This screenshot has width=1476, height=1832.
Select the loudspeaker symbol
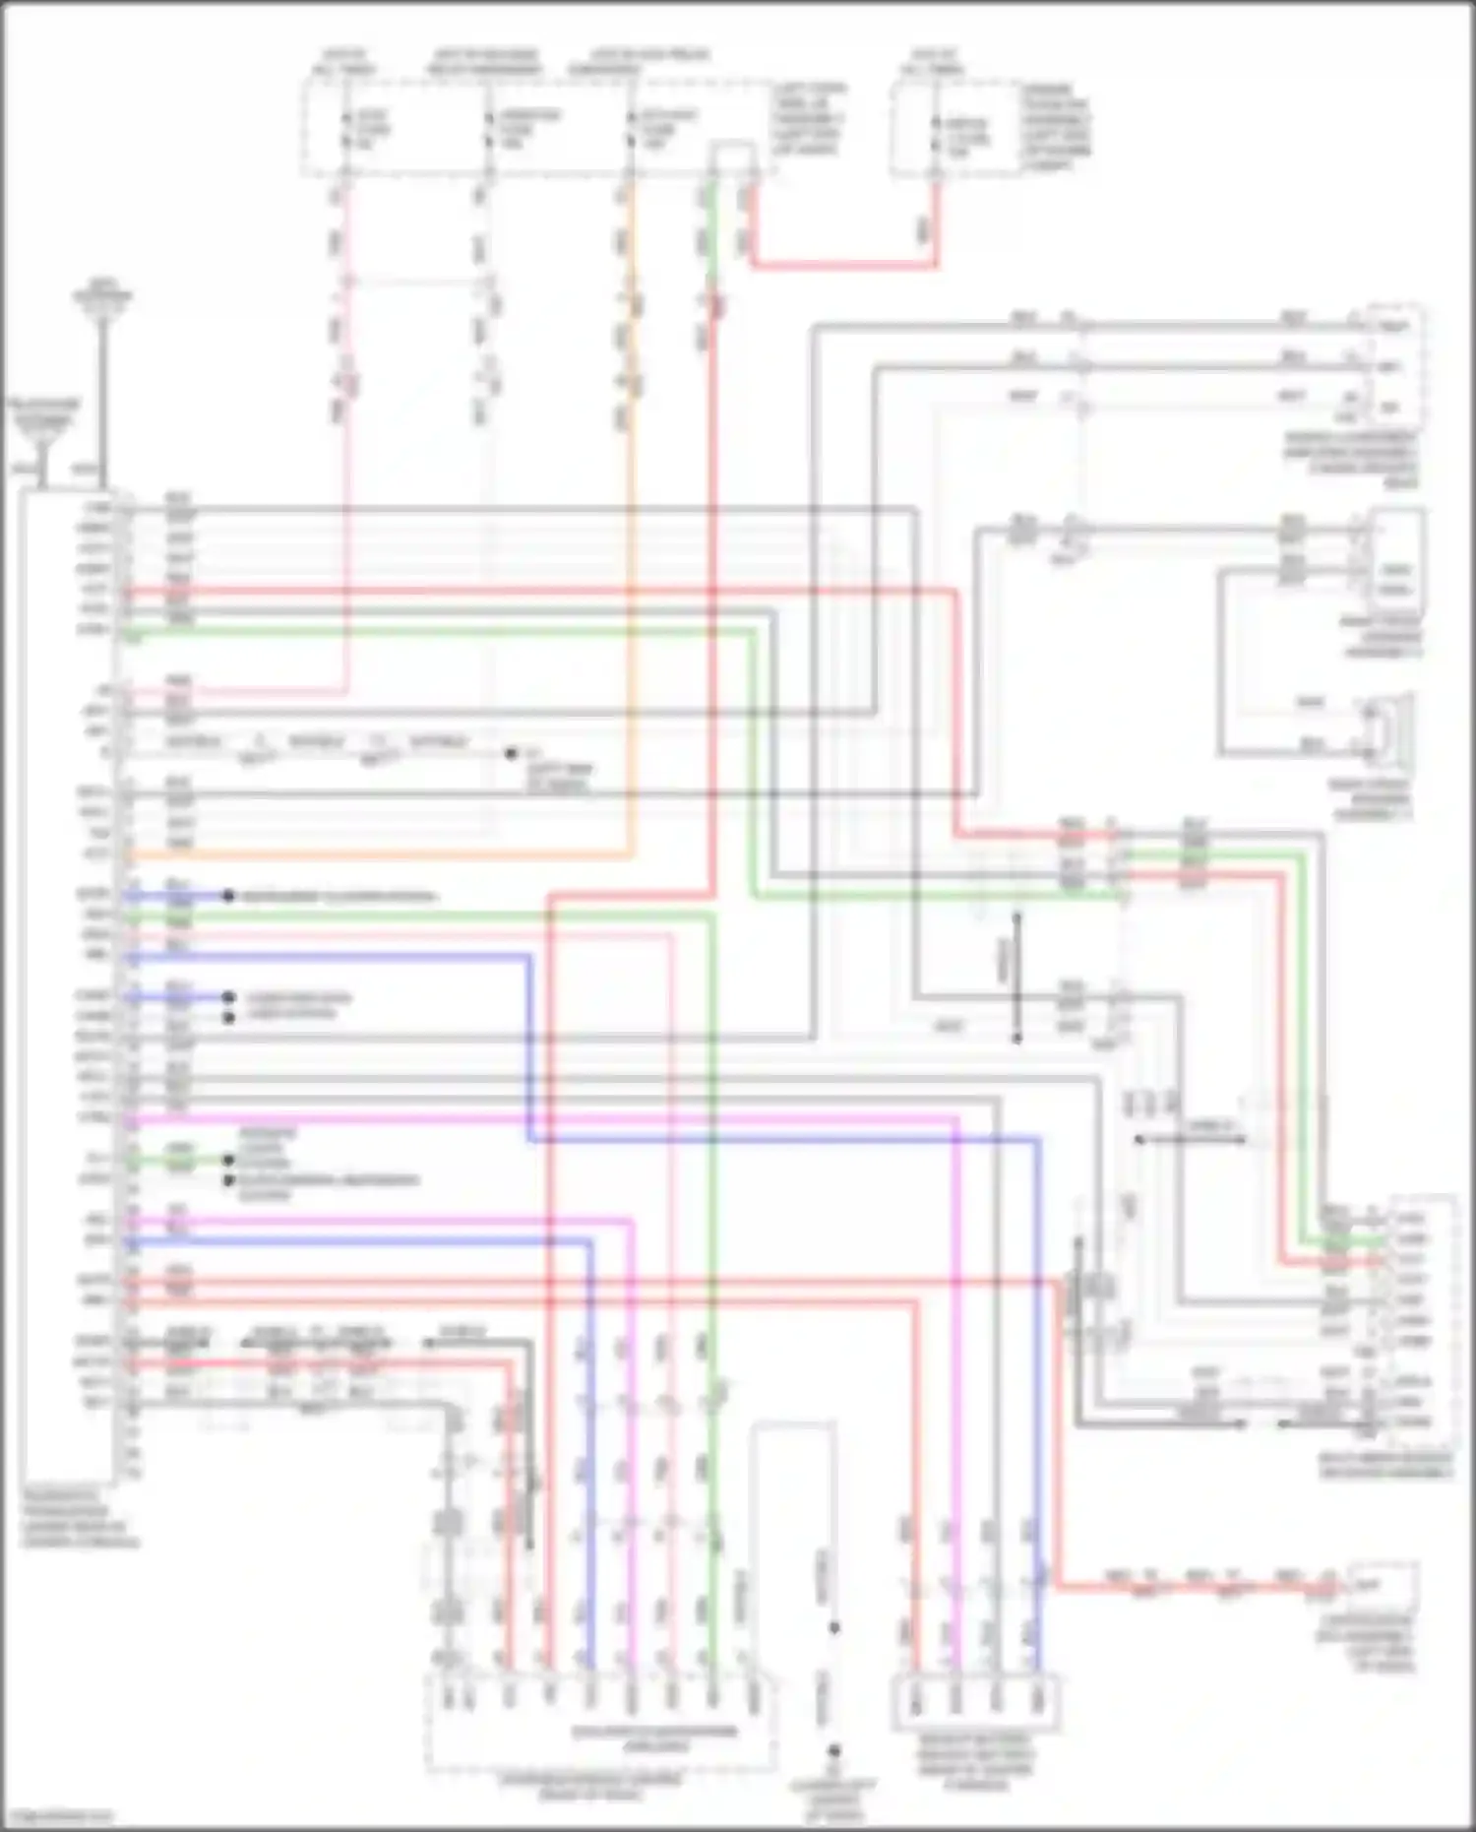coord(1388,729)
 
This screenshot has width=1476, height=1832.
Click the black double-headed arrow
coord(1191,1139)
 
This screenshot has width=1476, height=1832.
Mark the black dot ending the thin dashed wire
coord(511,754)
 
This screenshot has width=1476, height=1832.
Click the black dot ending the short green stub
coord(228,1161)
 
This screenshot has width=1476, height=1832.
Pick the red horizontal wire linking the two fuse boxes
coord(844,265)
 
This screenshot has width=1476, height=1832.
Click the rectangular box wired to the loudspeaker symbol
coord(1394,556)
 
